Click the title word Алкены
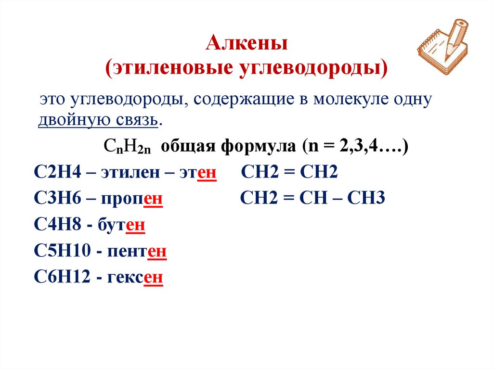(246, 44)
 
